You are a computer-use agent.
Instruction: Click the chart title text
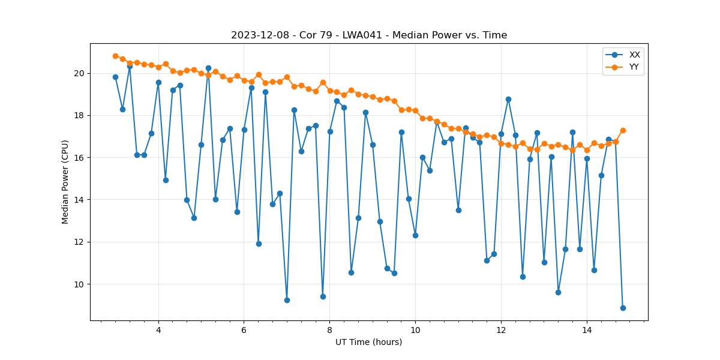369,35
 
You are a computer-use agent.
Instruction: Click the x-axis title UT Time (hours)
368,342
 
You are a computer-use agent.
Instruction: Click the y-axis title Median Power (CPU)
65,182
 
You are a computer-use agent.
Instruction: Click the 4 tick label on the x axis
158,330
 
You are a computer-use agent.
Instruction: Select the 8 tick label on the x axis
329,330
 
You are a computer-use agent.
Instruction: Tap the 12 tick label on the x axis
501,330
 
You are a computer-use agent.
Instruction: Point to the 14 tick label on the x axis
587,330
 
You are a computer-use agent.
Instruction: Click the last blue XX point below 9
623,308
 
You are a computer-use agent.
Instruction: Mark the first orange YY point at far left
115,56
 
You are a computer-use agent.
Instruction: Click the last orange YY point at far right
623,130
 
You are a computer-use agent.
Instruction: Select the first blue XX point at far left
115,77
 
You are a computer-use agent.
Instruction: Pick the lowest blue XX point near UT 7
287,300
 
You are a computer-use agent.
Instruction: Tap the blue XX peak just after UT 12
508,99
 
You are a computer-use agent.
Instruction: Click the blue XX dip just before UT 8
323,296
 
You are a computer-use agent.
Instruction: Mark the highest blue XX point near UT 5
208,68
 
